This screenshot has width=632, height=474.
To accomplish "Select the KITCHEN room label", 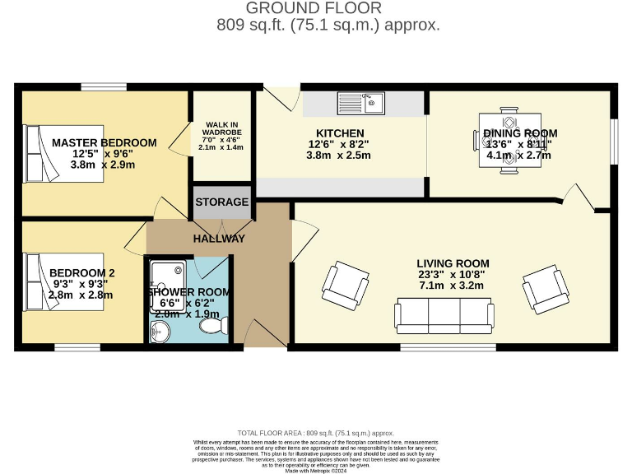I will (x=340, y=133).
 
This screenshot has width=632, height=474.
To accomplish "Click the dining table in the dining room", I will (x=508, y=140).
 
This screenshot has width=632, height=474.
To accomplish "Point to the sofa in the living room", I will (x=444, y=314).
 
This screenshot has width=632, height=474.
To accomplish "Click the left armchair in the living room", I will (x=344, y=283).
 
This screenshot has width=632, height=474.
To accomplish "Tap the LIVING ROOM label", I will (x=453, y=263).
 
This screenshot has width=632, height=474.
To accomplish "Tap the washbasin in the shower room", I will (x=160, y=330).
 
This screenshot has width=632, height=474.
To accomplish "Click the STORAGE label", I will (x=221, y=202).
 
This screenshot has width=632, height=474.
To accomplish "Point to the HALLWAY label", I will (x=219, y=239).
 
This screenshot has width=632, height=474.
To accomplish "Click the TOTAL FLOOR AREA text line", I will (x=315, y=432).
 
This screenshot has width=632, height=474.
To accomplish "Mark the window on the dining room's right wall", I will (x=612, y=142).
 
